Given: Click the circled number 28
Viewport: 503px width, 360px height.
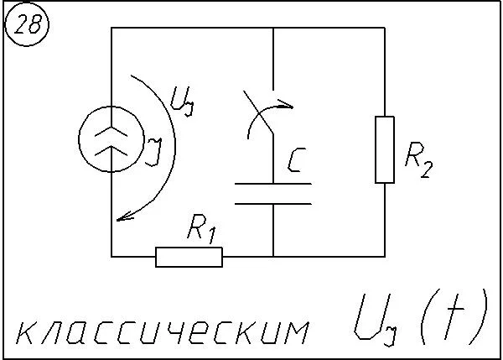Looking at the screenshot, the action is tap(27, 24).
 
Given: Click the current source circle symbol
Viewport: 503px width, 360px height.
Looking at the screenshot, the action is tap(79, 139).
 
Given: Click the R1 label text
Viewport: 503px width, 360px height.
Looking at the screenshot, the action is tap(202, 228).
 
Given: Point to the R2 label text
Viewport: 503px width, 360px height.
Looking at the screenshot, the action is tap(419, 159).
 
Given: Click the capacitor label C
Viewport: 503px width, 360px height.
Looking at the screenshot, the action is tap(297, 159).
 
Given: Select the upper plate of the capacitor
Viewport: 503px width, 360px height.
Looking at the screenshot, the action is tap(273, 184).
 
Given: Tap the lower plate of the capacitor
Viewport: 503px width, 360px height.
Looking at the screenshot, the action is tap(273, 204).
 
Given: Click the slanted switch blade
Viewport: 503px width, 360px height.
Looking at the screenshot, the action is tap(258, 112).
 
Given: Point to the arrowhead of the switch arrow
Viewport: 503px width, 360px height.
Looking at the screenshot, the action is tap(287, 105).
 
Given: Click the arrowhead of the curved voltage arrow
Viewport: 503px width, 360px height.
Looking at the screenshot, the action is tap(123, 217).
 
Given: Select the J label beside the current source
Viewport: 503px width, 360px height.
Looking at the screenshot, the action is tap(153, 152).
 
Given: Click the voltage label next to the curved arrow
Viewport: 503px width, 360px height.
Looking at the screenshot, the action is tap(182, 101).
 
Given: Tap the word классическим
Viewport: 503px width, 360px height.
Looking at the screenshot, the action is tap(163, 331).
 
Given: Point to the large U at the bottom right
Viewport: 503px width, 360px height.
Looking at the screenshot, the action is tap(372, 316).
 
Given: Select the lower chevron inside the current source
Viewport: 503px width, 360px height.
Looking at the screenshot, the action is tap(111, 150).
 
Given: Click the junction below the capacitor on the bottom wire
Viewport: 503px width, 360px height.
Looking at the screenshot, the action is tap(273, 257).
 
